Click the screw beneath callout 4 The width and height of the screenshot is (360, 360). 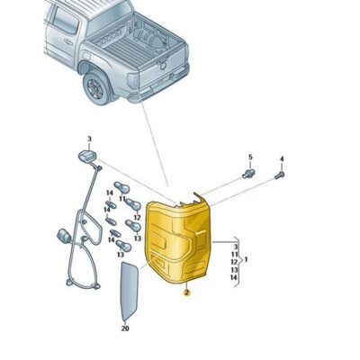[281, 175]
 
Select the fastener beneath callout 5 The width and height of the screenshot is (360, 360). [248, 173]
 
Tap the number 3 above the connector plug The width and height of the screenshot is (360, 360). [90, 139]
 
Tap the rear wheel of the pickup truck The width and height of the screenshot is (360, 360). [94, 87]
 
